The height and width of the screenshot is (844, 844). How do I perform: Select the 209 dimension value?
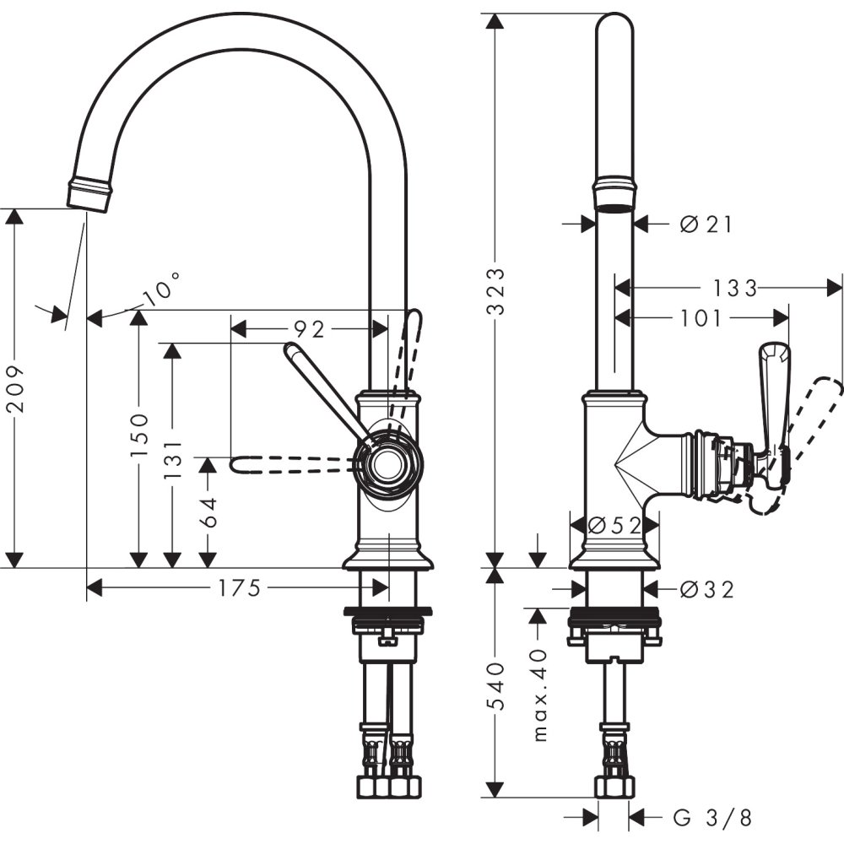(14, 388)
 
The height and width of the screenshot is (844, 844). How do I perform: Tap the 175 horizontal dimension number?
(238, 588)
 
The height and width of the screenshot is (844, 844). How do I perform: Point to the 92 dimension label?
(309, 327)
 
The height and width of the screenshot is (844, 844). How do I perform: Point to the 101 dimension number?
(701, 318)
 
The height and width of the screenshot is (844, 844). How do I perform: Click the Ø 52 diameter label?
(614, 525)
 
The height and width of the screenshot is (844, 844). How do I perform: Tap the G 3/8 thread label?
(712, 817)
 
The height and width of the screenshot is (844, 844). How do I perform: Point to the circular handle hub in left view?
(387, 462)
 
